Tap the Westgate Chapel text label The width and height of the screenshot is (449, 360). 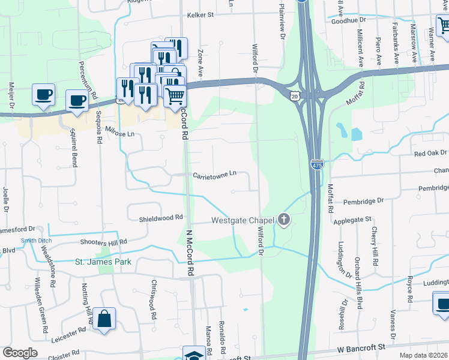point(243,221)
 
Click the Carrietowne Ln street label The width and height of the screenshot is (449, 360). point(215,175)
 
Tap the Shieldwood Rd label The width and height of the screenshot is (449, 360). point(160,217)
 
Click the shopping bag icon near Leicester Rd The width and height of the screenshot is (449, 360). point(104,320)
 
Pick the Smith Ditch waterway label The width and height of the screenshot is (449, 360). point(34,241)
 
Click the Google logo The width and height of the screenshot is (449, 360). point(20,353)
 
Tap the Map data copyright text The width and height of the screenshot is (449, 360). point(424,355)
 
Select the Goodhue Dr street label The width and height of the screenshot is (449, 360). point(349,21)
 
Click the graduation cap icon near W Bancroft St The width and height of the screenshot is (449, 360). point(194,355)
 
